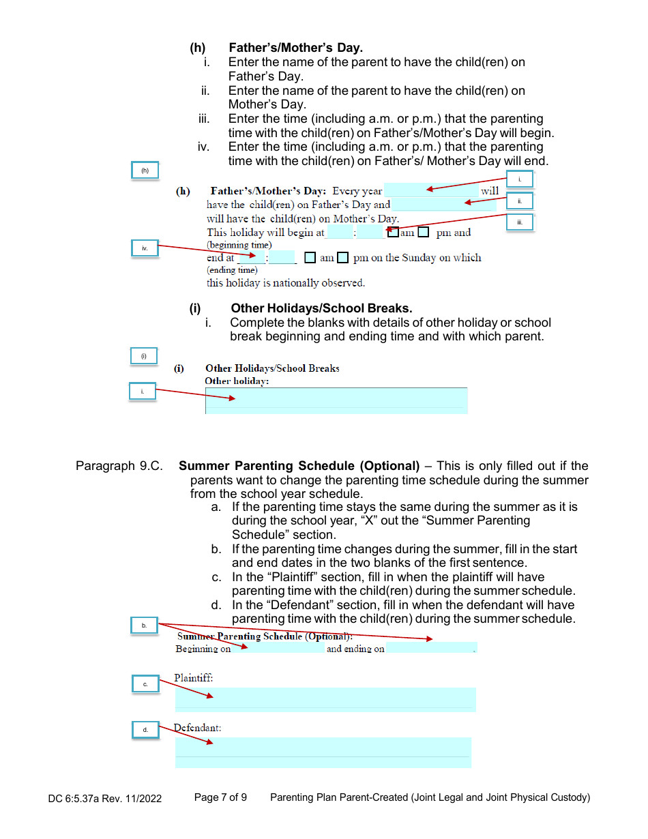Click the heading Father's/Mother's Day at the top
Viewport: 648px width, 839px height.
(295, 48)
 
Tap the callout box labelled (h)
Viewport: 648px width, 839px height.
(145, 171)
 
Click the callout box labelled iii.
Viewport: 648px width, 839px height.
(520, 222)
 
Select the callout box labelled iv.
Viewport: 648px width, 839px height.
(145, 248)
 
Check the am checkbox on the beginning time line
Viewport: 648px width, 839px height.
(393, 233)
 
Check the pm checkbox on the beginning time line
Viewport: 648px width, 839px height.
(424, 233)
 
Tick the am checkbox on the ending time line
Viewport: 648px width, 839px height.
(310, 258)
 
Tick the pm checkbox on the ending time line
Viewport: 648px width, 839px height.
(343, 258)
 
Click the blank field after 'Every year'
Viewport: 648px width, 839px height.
(431, 191)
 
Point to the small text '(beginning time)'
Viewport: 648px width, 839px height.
(239, 245)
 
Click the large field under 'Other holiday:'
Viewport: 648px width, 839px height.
(336, 400)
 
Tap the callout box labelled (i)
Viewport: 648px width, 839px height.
(144, 356)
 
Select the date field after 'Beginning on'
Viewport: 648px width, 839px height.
(278, 649)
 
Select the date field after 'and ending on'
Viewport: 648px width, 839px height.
(431, 649)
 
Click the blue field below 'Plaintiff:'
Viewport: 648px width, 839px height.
(325, 699)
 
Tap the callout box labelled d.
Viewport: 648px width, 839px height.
(145, 730)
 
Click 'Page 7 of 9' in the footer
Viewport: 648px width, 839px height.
(220, 797)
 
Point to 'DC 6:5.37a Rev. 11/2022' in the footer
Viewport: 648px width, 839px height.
(105, 798)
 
